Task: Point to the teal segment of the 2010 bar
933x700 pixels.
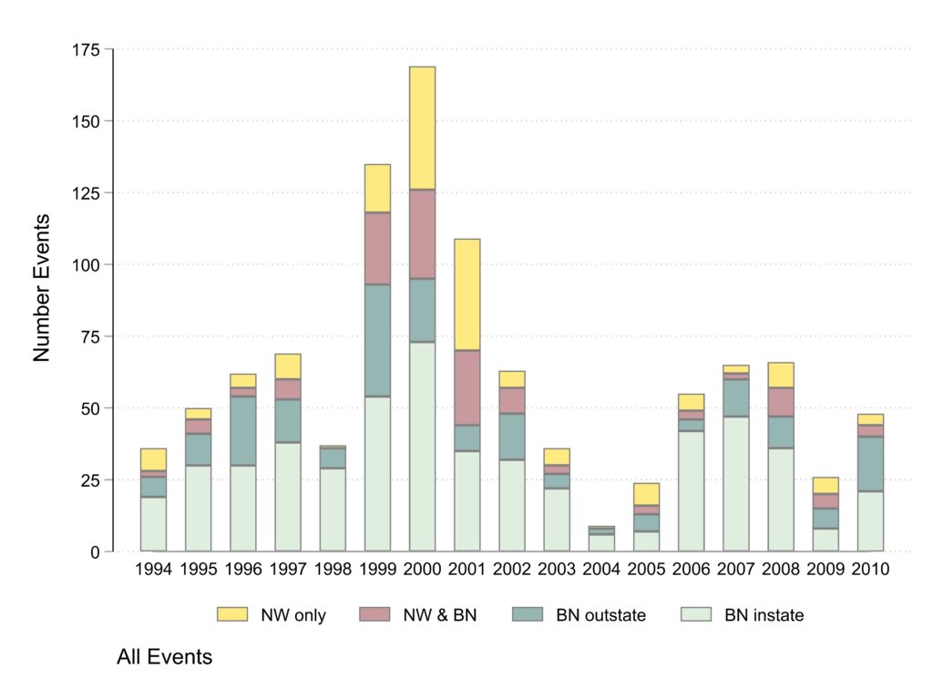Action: click(869, 464)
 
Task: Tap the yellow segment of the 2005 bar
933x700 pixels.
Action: click(646, 493)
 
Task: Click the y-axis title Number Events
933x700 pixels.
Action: click(42, 287)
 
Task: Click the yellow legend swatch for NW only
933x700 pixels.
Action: click(232, 615)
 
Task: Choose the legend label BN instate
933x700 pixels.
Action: click(764, 615)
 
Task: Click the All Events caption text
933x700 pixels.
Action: click(164, 656)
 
